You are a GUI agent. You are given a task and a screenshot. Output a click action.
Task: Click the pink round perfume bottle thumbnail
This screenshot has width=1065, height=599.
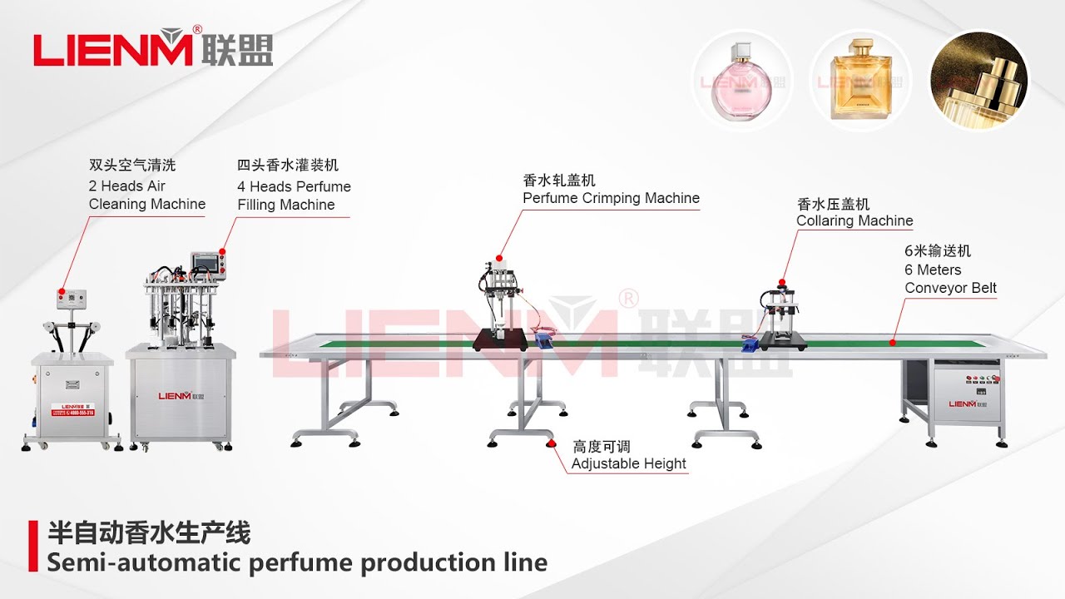tap(741, 81)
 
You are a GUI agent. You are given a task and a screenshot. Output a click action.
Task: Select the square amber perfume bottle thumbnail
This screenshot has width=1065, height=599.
tap(859, 81)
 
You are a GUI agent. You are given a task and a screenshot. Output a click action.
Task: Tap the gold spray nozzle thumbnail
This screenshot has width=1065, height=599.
tap(978, 81)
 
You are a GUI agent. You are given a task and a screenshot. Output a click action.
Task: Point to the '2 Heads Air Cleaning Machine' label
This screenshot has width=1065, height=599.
tap(146, 195)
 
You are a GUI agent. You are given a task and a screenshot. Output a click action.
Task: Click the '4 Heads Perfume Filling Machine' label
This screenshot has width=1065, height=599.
tap(294, 196)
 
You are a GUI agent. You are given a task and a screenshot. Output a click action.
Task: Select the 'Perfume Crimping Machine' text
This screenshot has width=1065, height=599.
tap(611, 198)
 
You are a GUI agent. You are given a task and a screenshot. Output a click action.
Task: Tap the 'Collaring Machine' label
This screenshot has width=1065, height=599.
tap(854, 220)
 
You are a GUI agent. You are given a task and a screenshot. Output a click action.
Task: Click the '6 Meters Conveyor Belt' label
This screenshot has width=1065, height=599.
tap(950, 279)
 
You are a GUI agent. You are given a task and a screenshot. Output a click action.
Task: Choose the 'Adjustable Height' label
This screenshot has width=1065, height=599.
tap(629, 463)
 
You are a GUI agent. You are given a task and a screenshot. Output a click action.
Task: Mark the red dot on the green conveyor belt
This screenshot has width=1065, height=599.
tap(892, 342)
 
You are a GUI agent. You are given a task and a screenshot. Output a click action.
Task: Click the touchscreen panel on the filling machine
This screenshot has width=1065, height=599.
tap(203, 262)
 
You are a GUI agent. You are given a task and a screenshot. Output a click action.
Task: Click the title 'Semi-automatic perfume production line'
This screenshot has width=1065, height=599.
tap(297, 562)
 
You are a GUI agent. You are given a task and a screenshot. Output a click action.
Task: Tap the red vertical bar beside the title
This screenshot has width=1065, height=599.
tap(33, 546)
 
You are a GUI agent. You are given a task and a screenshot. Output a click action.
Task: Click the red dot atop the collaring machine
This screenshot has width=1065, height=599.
tap(782, 284)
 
